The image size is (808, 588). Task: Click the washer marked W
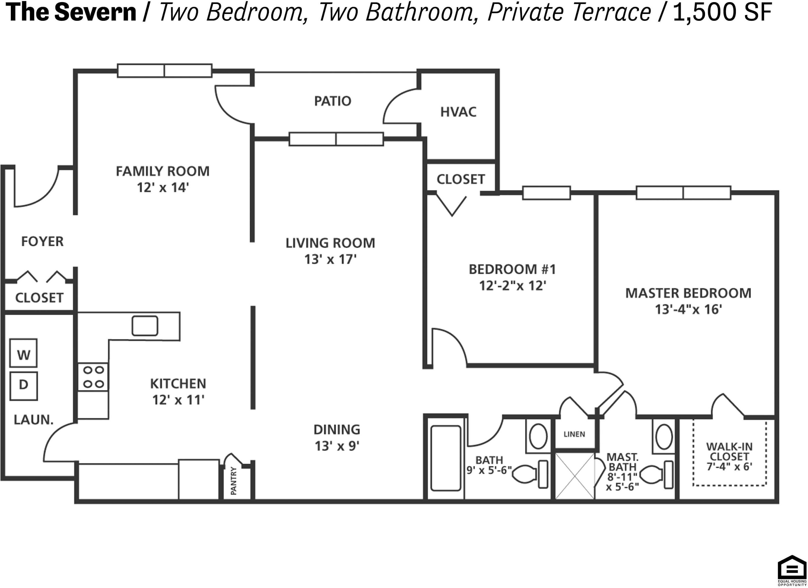point(23,353)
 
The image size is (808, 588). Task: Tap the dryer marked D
point(23,386)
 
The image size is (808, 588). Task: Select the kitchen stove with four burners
point(93,377)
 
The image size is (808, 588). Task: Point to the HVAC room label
point(458,112)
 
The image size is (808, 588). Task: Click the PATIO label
point(332,101)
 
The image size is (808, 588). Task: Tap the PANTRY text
point(233,481)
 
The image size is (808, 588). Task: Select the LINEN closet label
point(574,434)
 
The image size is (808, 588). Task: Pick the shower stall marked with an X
point(575,476)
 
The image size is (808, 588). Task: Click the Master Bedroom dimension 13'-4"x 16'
point(688,309)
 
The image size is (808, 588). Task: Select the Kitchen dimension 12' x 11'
point(178,400)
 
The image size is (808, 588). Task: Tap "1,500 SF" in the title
point(722,12)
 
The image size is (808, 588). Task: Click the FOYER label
point(42,242)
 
